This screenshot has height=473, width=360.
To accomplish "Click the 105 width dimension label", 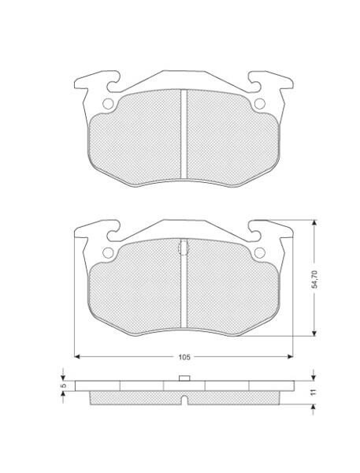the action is tap(184, 357).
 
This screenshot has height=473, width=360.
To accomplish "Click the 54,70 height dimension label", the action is tap(314, 279).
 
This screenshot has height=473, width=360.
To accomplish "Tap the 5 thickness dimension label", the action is tap(63, 385).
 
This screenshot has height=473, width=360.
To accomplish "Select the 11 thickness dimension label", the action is tap(314, 392).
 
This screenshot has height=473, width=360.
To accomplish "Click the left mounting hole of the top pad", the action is tap(108, 104).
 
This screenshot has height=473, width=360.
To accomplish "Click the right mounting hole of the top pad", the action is tap(260, 104).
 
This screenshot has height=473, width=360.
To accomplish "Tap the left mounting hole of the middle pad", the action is tap(108, 252).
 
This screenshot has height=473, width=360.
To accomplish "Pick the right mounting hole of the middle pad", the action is tap(260, 252).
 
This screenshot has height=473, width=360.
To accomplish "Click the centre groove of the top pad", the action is tap(184, 134).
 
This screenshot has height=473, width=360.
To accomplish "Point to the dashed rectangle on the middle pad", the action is tap(184, 247).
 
